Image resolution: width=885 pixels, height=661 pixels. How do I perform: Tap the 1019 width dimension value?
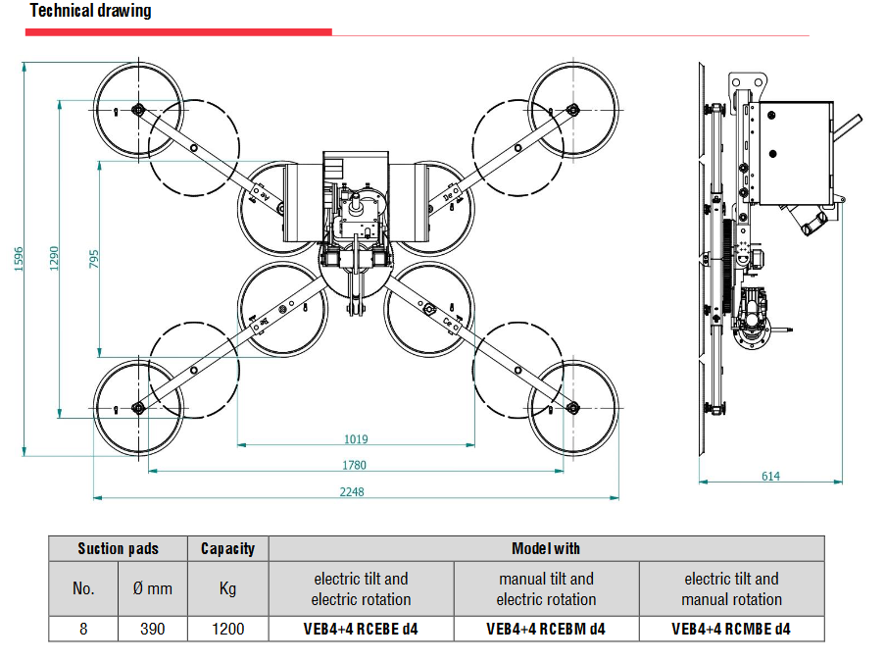[356, 439]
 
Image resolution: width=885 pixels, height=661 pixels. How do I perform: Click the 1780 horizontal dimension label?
[355, 465]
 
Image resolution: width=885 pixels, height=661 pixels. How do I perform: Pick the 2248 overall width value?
[352, 491]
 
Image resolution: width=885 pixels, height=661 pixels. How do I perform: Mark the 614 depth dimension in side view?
[770, 476]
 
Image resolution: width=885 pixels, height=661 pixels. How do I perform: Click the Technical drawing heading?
[90, 12]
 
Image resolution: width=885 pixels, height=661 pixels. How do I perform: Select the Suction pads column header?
[118, 548]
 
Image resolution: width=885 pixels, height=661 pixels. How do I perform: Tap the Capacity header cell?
[227, 548]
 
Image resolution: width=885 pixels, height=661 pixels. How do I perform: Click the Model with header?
[546, 548]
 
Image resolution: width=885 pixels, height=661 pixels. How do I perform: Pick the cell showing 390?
[153, 629]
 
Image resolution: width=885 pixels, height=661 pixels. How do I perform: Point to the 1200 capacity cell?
[228, 629]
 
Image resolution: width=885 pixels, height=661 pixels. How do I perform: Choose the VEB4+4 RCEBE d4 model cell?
[361, 629]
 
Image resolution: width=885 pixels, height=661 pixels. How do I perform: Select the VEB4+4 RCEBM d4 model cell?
[546, 629]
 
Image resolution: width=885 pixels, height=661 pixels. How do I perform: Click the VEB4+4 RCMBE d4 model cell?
[731, 629]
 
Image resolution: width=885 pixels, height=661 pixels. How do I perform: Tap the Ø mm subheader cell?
[153, 588]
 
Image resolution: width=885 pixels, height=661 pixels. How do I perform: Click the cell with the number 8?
[83, 629]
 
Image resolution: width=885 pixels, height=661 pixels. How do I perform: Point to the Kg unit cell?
[227, 588]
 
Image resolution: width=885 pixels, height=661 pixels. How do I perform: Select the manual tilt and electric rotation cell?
[546, 588]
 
